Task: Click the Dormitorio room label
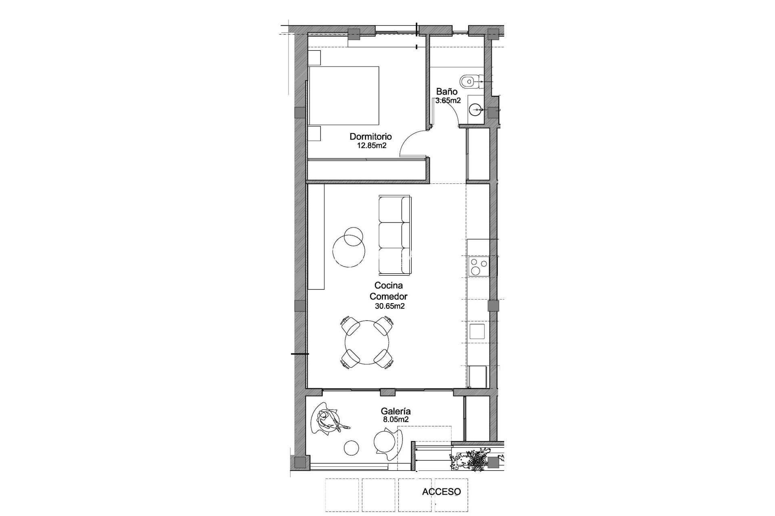pos(371,137)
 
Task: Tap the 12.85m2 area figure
pos(372,146)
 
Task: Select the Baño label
pos(446,92)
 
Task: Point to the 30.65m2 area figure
pos(390,306)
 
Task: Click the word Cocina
pos(389,285)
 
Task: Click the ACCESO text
pos(441,492)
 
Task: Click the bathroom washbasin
pos(477,108)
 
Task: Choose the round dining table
pos(367,342)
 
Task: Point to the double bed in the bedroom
pos(344,96)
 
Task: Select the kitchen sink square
pos(478,331)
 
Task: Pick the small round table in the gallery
pos(351,447)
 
